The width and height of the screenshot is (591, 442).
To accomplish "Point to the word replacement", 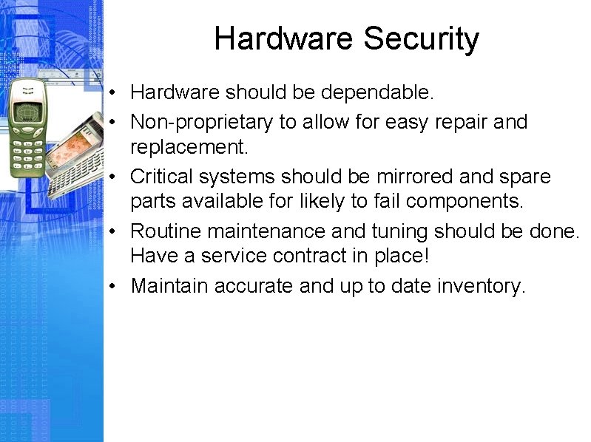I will pos(189,147).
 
